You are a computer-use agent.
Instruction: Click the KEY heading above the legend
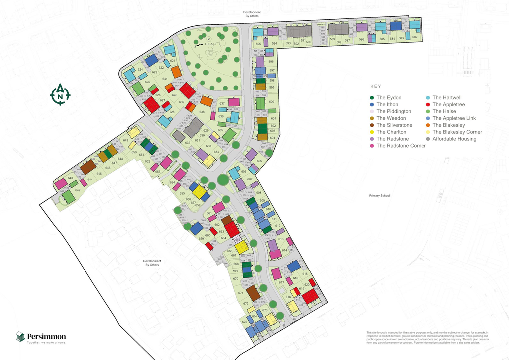(x=376, y=86)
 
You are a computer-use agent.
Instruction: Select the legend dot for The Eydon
(x=373, y=98)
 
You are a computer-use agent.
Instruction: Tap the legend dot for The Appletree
(x=429, y=105)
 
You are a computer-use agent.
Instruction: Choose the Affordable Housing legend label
(x=454, y=139)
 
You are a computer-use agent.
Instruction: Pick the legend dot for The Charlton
(x=373, y=132)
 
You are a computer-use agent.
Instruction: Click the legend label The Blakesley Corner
(x=457, y=132)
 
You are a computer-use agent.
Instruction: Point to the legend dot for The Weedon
(x=373, y=118)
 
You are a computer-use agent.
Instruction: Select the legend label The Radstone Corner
(x=401, y=146)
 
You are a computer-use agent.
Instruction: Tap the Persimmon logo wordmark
(x=46, y=337)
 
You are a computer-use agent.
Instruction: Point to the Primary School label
(x=379, y=196)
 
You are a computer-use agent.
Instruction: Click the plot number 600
(x=271, y=102)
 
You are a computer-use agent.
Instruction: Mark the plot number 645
(x=99, y=174)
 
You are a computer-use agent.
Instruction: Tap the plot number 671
(x=241, y=293)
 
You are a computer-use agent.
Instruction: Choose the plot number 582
(x=414, y=37)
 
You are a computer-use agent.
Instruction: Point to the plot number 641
(x=165, y=79)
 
